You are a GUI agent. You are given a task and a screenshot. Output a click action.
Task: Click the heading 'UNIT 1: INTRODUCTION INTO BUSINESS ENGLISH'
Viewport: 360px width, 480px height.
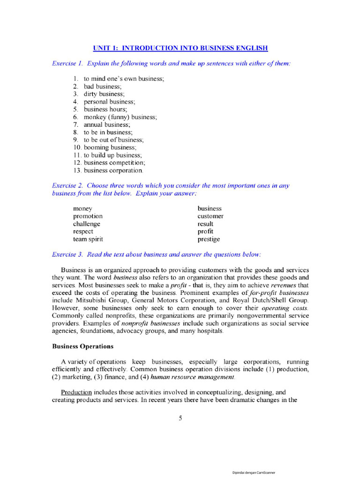click(x=180, y=48)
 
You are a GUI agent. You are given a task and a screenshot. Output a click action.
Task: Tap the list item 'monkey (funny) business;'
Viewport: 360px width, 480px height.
click(x=120, y=117)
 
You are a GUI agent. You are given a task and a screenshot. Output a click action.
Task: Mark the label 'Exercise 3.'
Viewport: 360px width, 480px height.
click(x=68, y=255)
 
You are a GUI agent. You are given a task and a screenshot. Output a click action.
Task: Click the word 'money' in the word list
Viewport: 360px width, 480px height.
click(x=82, y=209)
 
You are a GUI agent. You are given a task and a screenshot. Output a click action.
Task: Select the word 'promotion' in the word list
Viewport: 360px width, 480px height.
click(x=88, y=217)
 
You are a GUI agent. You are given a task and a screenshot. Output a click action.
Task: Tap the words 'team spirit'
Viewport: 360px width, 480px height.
click(x=88, y=239)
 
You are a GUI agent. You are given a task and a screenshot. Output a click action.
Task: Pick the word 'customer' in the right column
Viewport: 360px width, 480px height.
click(x=210, y=217)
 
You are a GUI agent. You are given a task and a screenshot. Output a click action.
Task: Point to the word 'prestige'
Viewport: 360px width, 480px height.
click(x=209, y=239)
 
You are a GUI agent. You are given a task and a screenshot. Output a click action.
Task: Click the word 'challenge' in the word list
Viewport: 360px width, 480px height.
click(x=86, y=224)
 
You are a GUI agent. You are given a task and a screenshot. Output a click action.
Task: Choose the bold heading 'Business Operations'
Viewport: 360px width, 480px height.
click(x=82, y=347)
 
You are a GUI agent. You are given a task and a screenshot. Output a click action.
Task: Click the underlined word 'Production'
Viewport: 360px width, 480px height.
click(x=77, y=392)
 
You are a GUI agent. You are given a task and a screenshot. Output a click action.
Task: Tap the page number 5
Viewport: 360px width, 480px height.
click(x=180, y=419)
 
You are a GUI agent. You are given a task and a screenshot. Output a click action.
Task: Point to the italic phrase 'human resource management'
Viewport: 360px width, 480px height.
click(x=192, y=377)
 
